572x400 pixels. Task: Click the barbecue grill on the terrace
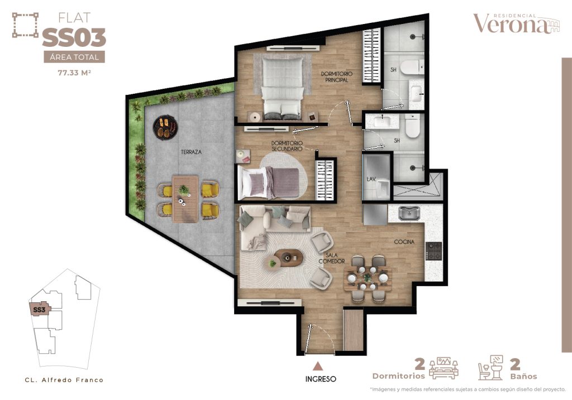click(x=165, y=127)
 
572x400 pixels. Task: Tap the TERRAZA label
click(x=191, y=152)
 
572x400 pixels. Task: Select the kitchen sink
click(x=409, y=213)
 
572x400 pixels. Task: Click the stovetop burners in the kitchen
click(x=433, y=251)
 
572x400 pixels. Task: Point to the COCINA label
click(x=404, y=242)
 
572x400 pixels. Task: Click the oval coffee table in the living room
click(x=289, y=258)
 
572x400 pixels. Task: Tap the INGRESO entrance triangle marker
click(x=318, y=366)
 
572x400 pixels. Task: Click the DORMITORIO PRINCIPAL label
click(x=337, y=77)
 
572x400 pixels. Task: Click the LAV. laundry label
click(x=371, y=179)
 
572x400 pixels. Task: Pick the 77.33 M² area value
click(x=74, y=73)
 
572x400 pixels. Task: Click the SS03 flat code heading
click(x=74, y=38)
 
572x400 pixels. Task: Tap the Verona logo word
click(x=511, y=24)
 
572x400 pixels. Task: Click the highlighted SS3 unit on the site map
click(x=40, y=310)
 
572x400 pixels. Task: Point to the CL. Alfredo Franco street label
click(x=64, y=380)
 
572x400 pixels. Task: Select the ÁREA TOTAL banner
click(x=74, y=57)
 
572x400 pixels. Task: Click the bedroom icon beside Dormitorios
click(x=444, y=368)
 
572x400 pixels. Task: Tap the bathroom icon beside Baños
click(x=491, y=368)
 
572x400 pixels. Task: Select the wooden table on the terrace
click(x=185, y=199)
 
